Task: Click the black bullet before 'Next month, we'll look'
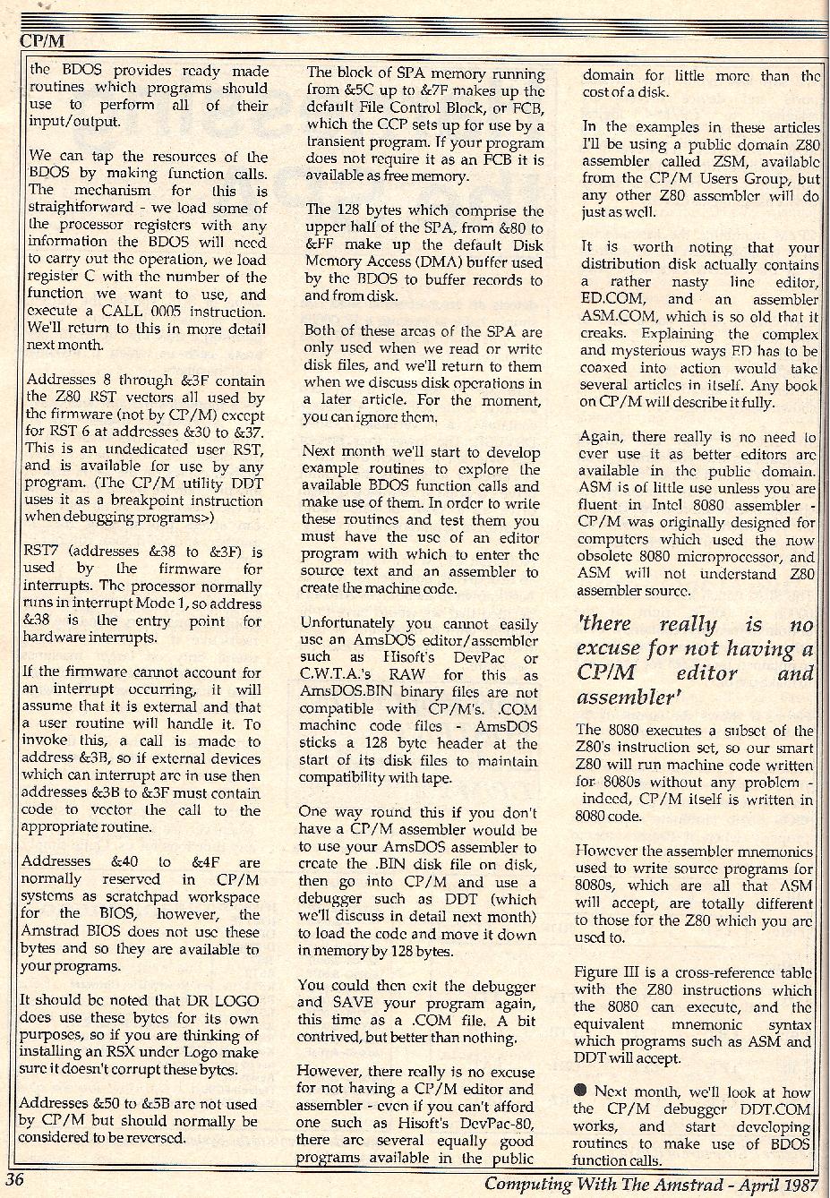582,1091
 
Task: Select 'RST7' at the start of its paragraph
41,552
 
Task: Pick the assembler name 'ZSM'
733,161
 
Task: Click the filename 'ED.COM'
605,299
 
